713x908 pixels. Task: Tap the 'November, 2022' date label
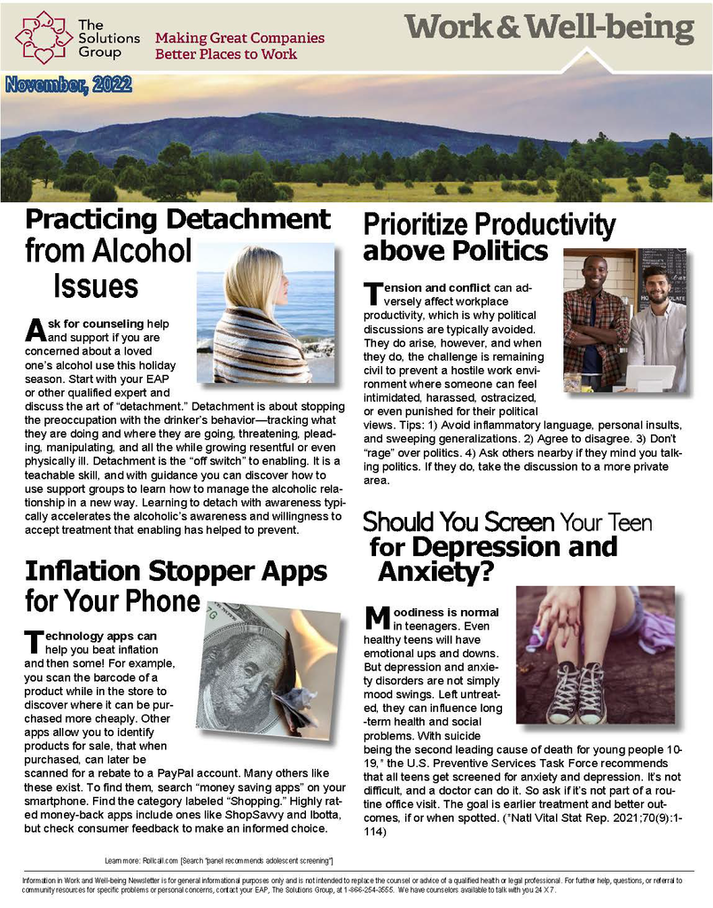pyautogui.click(x=68, y=86)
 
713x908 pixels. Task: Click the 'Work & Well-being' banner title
pyautogui.click(x=550, y=28)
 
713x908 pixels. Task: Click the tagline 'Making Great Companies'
pyautogui.click(x=239, y=39)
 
